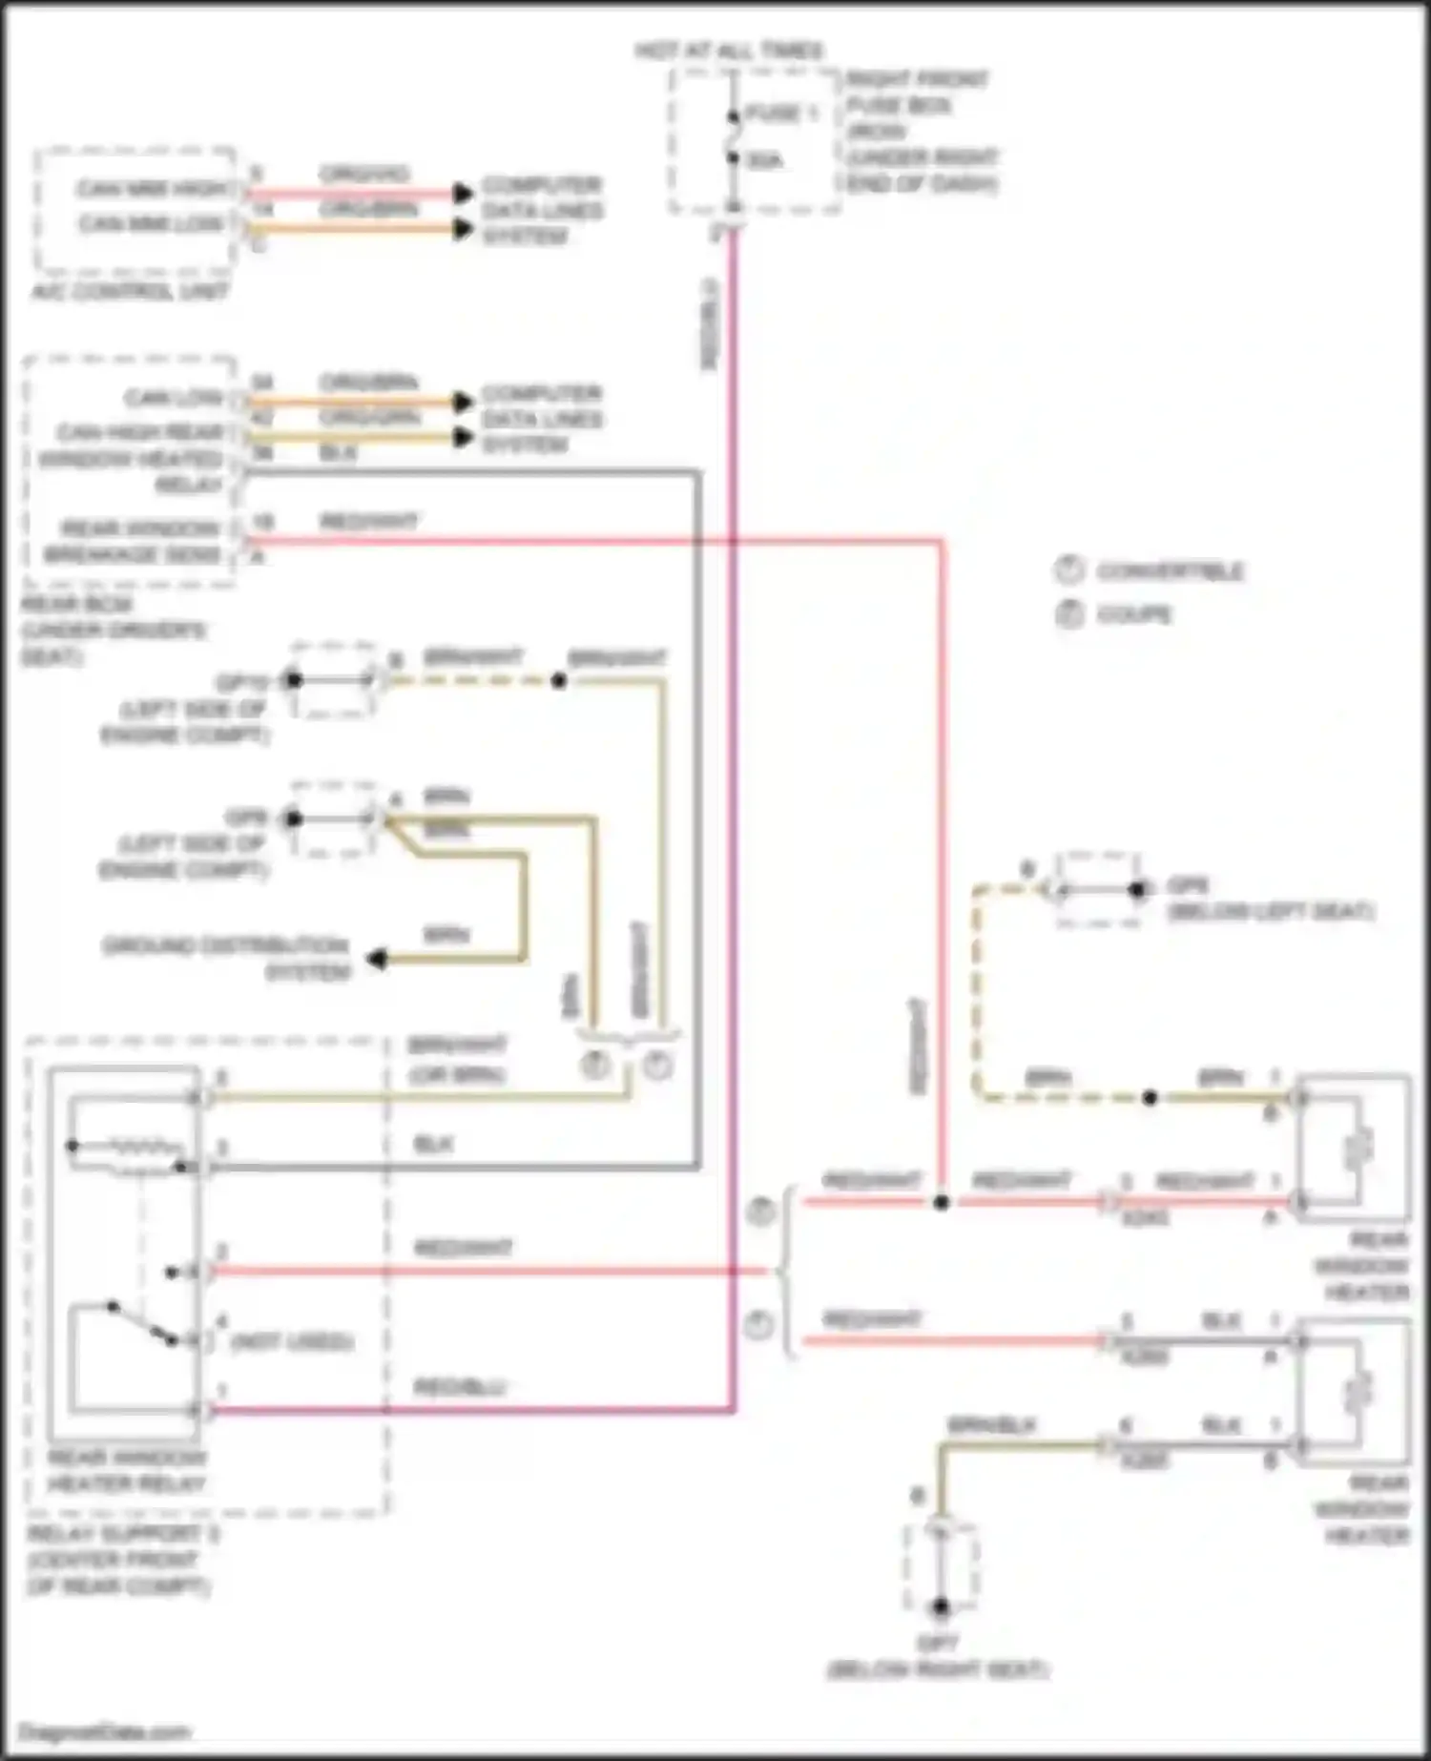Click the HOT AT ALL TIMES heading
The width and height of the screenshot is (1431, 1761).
(x=730, y=51)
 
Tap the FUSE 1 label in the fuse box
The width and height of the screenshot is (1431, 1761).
(x=780, y=114)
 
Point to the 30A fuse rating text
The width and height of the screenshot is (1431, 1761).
(x=764, y=160)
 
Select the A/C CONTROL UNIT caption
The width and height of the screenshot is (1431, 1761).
(x=131, y=291)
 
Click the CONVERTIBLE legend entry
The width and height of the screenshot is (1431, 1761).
(x=1169, y=571)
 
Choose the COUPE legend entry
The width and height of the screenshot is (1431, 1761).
(x=1133, y=614)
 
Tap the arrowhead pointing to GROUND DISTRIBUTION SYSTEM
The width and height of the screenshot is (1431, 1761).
(x=378, y=959)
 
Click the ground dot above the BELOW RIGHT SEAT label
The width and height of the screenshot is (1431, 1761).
(x=941, y=1607)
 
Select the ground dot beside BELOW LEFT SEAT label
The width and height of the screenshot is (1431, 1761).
(x=1137, y=890)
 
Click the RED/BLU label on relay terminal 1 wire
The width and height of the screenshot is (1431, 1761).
(x=460, y=1387)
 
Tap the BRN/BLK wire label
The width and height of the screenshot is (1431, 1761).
(x=991, y=1425)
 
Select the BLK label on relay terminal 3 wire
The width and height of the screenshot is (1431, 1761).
(x=433, y=1144)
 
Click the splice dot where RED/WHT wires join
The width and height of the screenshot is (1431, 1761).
(x=941, y=1202)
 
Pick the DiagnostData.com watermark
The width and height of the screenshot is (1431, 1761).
(x=105, y=1731)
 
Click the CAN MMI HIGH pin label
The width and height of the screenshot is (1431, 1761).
(x=153, y=189)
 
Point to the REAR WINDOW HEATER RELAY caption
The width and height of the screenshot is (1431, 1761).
(x=126, y=1470)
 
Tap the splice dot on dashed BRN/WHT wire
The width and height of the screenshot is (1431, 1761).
(x=559, y=680)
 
